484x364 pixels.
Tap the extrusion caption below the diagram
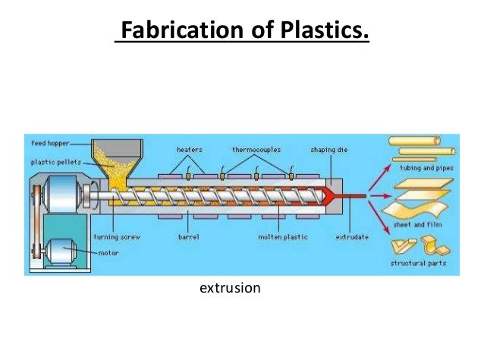[x=230, y=288]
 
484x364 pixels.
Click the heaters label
[x=189, y=149]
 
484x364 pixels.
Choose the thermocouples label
[x=256, y=149]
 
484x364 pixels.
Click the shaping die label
[x=328, y=149]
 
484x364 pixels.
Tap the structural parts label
[x=418, y=264]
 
